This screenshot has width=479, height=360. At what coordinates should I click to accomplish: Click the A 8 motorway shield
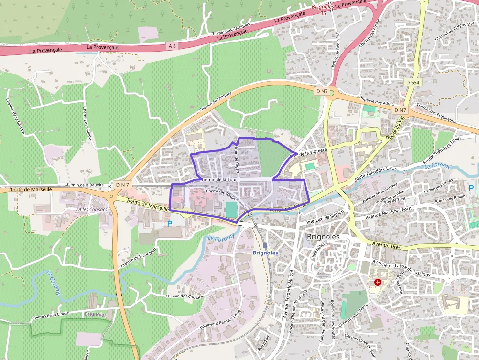pos(171,46)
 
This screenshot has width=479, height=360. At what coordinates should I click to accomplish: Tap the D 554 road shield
pos(413,83)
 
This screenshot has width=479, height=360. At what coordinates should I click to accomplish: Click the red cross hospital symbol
pos(378,282)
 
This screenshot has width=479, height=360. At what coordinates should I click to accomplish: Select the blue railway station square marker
pos(265,245)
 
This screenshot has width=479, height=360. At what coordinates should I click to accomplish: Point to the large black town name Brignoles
pos(323,237)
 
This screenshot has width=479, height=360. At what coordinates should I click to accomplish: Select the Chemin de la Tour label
pos(218,180)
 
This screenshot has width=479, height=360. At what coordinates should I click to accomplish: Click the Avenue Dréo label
pos(387,245)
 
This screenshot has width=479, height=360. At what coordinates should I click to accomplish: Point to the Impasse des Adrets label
pos(376,101)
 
